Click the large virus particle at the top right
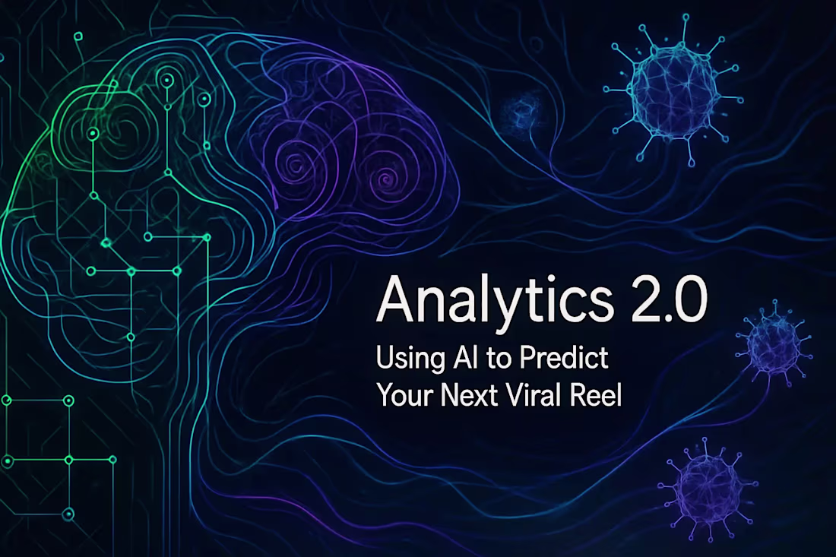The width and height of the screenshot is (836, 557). pyautogui.click(x=667, y=90)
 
